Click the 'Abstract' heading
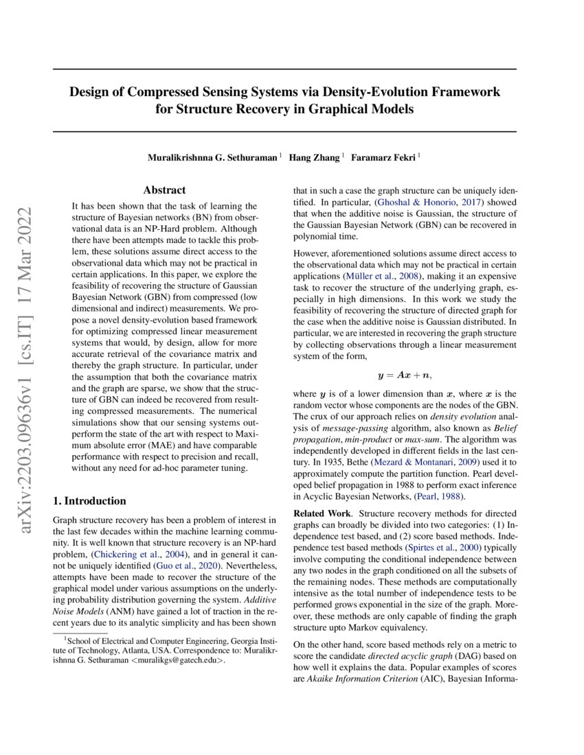tap(164, 190)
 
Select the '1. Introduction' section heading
tap(89, 500)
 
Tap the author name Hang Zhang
tap(314, 158)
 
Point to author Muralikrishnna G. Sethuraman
tap(213, 158)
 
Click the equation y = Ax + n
tap(405, 375)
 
